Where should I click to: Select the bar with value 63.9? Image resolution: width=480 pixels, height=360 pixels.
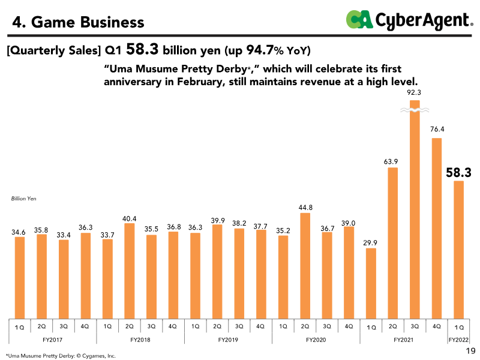point(393,243)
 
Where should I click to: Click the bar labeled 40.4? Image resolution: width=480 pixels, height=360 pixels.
point(130,271)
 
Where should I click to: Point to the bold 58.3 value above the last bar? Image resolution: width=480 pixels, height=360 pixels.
point(458,173)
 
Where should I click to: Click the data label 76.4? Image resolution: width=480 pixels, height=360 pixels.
point(437,130)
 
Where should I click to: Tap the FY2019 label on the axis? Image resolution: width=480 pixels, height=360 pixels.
point(227,340)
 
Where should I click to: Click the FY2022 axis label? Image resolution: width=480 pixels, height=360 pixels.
point(459,340)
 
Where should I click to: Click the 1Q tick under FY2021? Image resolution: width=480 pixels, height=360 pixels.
point(371,327)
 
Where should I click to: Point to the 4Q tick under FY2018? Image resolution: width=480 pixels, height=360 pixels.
point(173,326)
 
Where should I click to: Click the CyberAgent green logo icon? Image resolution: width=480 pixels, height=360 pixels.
point(359,20)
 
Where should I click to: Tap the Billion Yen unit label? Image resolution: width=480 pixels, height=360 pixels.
point(24,198)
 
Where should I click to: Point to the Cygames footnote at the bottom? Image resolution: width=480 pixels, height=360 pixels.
point(60,355)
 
